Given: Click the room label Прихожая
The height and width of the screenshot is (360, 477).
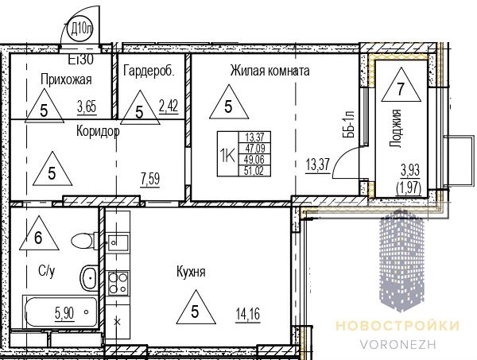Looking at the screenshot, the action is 66,79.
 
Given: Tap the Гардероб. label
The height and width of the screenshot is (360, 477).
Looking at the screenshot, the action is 149,71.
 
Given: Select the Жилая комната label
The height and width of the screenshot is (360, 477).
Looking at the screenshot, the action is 270,71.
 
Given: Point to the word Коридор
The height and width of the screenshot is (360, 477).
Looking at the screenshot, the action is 98,132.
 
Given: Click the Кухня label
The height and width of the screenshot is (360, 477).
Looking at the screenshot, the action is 191,272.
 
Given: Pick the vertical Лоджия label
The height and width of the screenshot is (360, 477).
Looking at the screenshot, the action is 395,128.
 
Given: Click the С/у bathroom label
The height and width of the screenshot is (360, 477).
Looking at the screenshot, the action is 47,271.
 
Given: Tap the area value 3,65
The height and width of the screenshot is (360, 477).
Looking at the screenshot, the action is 87,107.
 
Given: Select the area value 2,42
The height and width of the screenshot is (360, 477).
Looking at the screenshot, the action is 169,106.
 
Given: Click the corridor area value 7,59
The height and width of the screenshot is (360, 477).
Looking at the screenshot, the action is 150,179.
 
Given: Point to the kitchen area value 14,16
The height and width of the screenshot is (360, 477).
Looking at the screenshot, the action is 248,314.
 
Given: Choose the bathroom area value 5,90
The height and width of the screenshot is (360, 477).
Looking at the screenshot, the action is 64,313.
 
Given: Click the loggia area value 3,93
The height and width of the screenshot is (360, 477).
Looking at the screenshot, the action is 410,170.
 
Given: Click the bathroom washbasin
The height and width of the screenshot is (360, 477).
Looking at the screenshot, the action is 89,277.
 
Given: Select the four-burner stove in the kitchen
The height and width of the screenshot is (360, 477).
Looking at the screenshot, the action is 118,283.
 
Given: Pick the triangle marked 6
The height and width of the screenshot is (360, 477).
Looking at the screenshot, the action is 39,233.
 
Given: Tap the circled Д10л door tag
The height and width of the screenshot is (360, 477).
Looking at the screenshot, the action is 80,29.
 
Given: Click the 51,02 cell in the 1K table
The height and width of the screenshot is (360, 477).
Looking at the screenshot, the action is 254,171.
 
